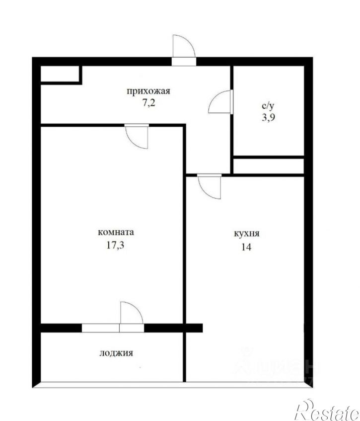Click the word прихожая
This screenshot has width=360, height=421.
148,91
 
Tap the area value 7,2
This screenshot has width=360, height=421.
148,103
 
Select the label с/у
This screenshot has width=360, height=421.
268,106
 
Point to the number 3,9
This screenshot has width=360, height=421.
269,118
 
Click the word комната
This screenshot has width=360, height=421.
116,232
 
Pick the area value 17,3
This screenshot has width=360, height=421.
115,245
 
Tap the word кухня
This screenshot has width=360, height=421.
247,234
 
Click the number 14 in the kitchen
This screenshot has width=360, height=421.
246,247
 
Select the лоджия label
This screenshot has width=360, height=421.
116,353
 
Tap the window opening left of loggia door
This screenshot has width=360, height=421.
101,328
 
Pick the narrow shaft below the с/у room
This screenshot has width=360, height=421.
268,166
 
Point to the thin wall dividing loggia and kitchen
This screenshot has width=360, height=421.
185,357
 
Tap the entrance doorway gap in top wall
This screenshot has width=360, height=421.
184,62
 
